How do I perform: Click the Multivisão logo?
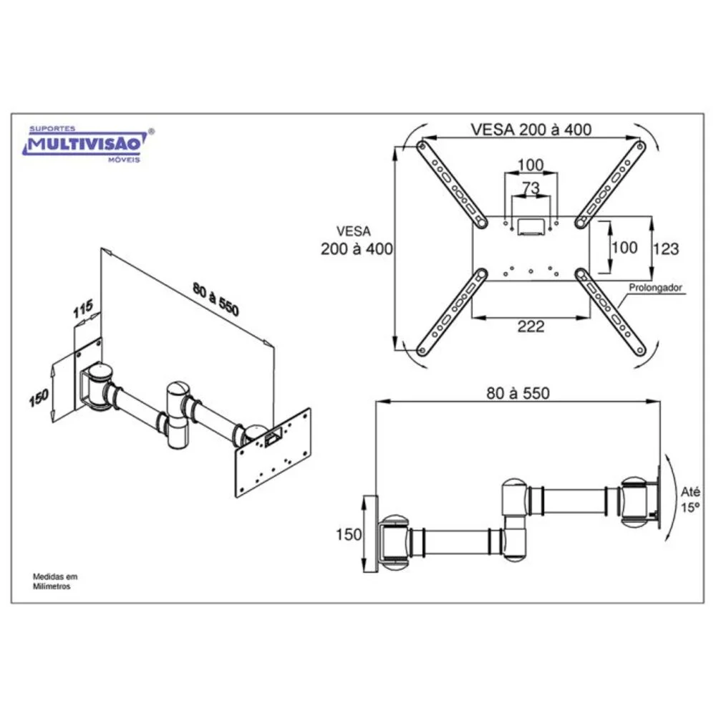[x=87, y=144]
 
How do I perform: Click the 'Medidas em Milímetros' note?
[x=55, y=581]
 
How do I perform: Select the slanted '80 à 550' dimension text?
[x=216, y=300]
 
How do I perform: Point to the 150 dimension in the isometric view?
[x=39, y=397]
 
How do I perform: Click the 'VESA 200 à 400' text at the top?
[x=531, y=129]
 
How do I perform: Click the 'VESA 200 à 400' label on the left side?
[x=356, y=240]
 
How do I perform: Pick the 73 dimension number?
[x=531, y=188]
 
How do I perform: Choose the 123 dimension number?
[x=666, y=249]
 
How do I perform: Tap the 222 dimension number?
[x=531, y=326]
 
